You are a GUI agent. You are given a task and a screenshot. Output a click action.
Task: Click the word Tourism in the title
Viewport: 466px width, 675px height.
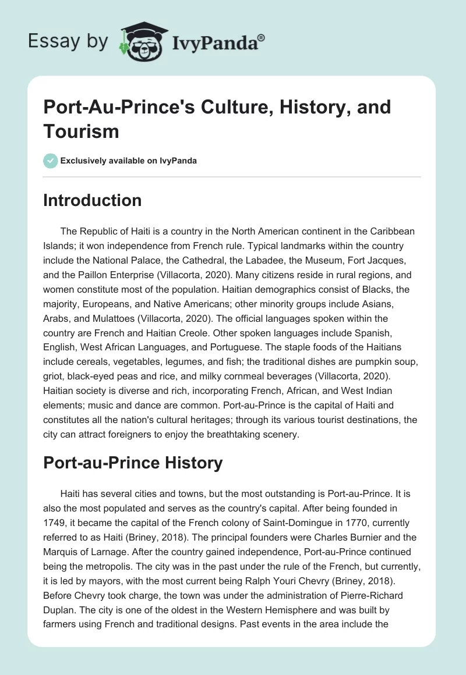click(81, 131)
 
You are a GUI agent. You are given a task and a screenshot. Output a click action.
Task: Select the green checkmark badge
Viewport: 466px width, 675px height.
click(51, 161)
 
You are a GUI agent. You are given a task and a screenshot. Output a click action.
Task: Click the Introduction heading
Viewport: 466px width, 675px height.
click(93, 200)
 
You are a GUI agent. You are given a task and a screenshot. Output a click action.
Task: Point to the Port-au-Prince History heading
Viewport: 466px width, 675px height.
click(133, 463)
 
